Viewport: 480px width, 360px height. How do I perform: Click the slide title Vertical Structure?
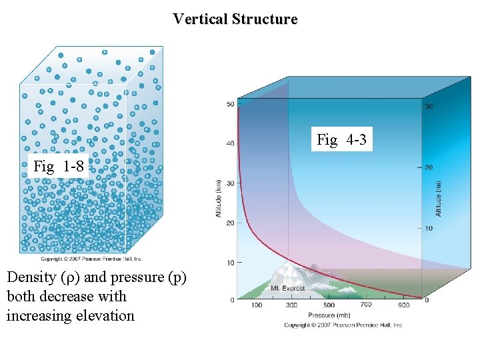click(x=235, y=19)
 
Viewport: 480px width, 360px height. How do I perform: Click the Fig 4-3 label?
click(x=341, y=140)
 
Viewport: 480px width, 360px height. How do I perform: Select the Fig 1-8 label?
click(x=59, y=167)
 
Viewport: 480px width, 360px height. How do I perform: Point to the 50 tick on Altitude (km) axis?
click(x=231, y=104)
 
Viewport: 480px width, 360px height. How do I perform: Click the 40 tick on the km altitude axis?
click(x=231, y=143)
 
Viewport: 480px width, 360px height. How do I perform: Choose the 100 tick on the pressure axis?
click(x=255, y=305)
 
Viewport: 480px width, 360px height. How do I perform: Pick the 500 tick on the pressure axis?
click(x=328, y=305)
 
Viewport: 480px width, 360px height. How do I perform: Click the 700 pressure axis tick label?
click(x=366, y=304)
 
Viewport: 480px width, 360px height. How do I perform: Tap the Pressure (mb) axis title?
click(x=328, y=315)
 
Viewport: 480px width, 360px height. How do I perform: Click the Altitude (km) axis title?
click(x=218, y=198)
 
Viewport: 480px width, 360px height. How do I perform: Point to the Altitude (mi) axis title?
click(x=438, y=198)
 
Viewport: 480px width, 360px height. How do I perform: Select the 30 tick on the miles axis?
click(x=429, y=107)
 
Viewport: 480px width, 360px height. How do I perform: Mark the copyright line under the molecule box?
click(x=91, y=259)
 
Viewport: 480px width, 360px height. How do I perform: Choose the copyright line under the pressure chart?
click(x=343, y=325)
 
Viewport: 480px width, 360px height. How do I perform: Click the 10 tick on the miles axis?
click(x=429, y=229)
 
